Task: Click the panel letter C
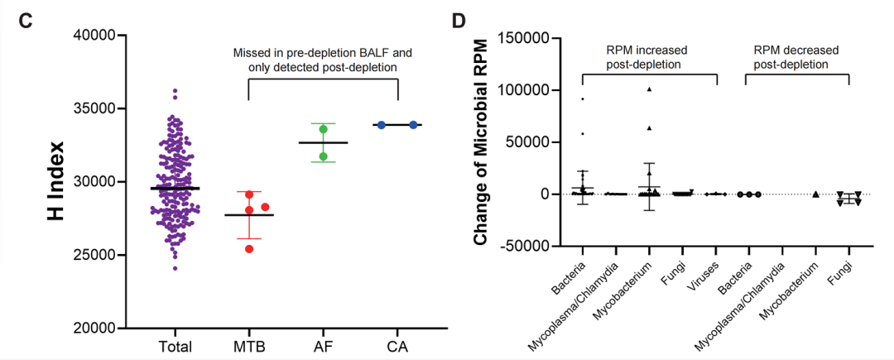(26, 20)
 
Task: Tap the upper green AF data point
(324, 128)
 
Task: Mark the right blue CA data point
(412, 124)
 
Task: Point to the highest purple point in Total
(175, 90)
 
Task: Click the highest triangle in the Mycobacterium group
(650, 89)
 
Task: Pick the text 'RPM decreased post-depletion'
(795, 57)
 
